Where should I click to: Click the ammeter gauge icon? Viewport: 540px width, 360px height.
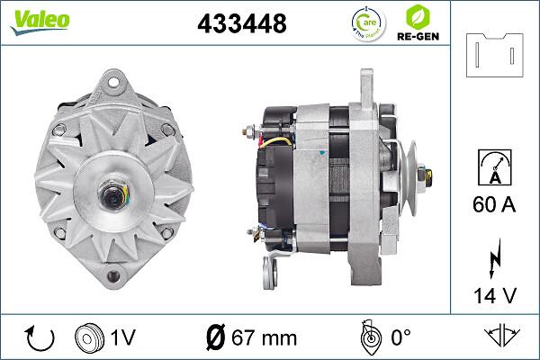click(x=492, y=169)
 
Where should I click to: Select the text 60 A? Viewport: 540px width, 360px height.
click(x=492, y=206)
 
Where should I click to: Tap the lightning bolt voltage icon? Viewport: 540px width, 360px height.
click(x=492, y=259)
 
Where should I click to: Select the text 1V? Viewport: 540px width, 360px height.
click(x=124, y=338)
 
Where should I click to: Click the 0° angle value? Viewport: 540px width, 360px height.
click(x=399, y=338)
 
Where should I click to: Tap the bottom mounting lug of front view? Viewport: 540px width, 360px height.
click(x=115, y=275)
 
